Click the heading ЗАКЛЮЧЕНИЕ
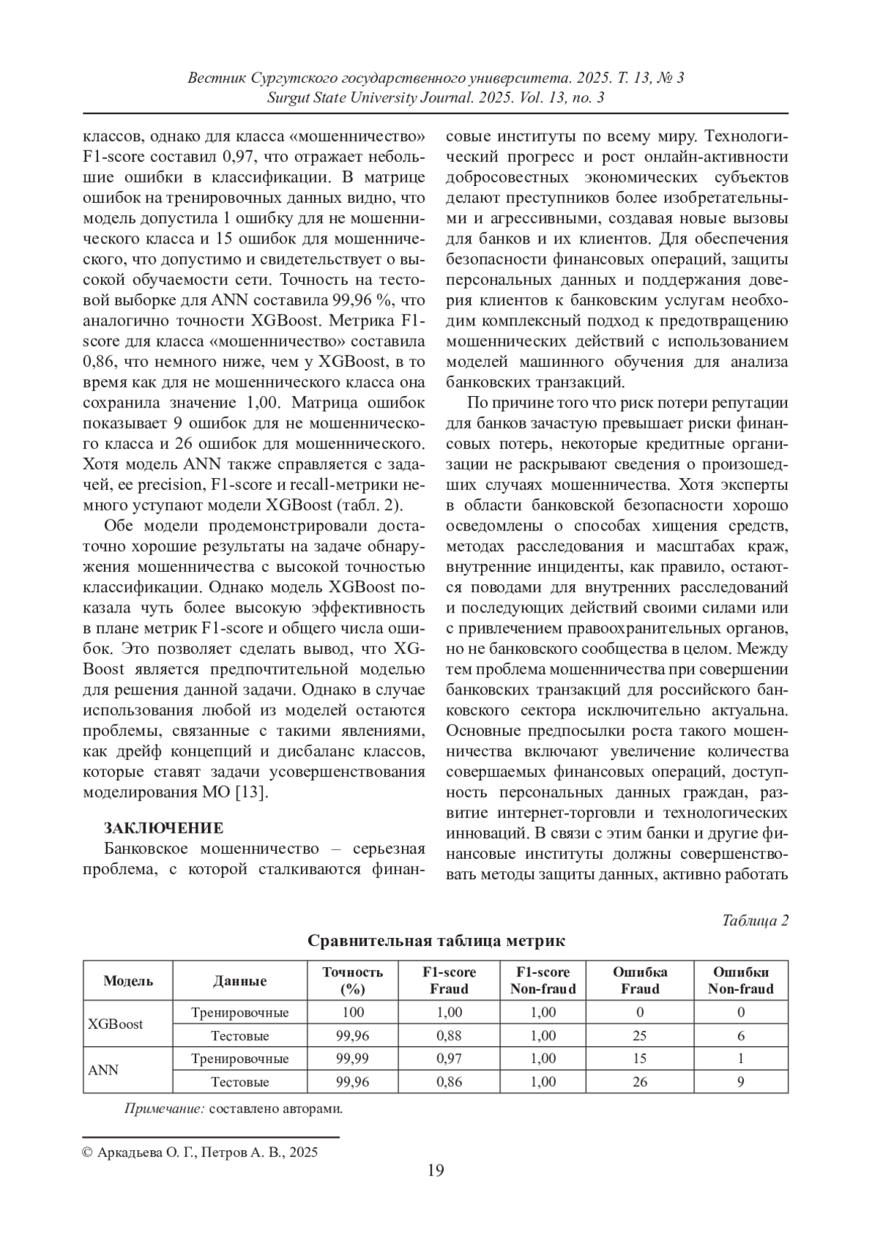pyautogui.click(x=163, y=828)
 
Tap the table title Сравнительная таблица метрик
pyautogui.click(x=436, y=941)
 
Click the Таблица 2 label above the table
pyautogui.click(x=755, y=921)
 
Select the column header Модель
pyautogui.click(x=128, y=980)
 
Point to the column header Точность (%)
pyautogui.click(x=352, y=980)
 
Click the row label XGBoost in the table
pyautogui.click(x=116, y=1024)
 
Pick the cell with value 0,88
pyautogui.click(x=448, y=1035)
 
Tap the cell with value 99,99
pyautogui.click(x=352, y=1059)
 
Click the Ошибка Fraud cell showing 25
pyautogui.click(x=639, y=1035)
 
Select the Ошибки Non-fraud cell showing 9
pyautogui.click(x=740, y=1082)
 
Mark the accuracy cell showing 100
pyautogui.click(x=352, y=1012)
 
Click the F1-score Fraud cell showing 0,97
pyautogui.click(x=448, y=1059)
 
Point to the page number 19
pyautogui.click(x=435, y=1170)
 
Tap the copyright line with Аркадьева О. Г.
pyautogui.click(x=201, y=1152)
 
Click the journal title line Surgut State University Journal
pyautogui.click(x=435, y=97)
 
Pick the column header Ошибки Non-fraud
pyautogui.click(x=740, y=980)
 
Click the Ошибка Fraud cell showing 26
pyautogui.click(x=639, y=1082)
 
